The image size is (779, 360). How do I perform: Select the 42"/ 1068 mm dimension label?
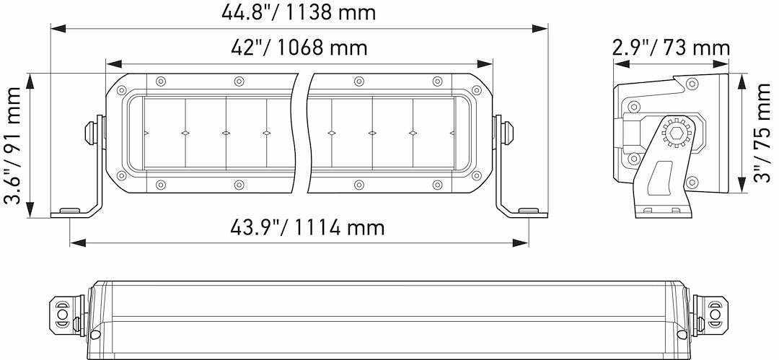[299, 48]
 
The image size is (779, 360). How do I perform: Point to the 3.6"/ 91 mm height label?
[13, 144]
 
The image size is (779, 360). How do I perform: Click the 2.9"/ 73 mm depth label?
[671, 48]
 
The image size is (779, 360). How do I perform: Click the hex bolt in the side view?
[677, 133]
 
